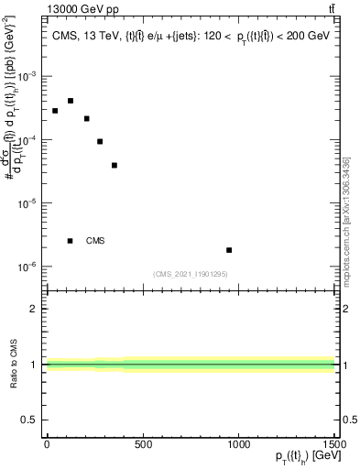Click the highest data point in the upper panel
point(71,101)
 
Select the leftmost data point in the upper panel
point(55,111)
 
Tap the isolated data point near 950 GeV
point(229,250)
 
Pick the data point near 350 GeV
point(115,165)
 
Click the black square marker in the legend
point(71,241)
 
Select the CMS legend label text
point(95,241)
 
